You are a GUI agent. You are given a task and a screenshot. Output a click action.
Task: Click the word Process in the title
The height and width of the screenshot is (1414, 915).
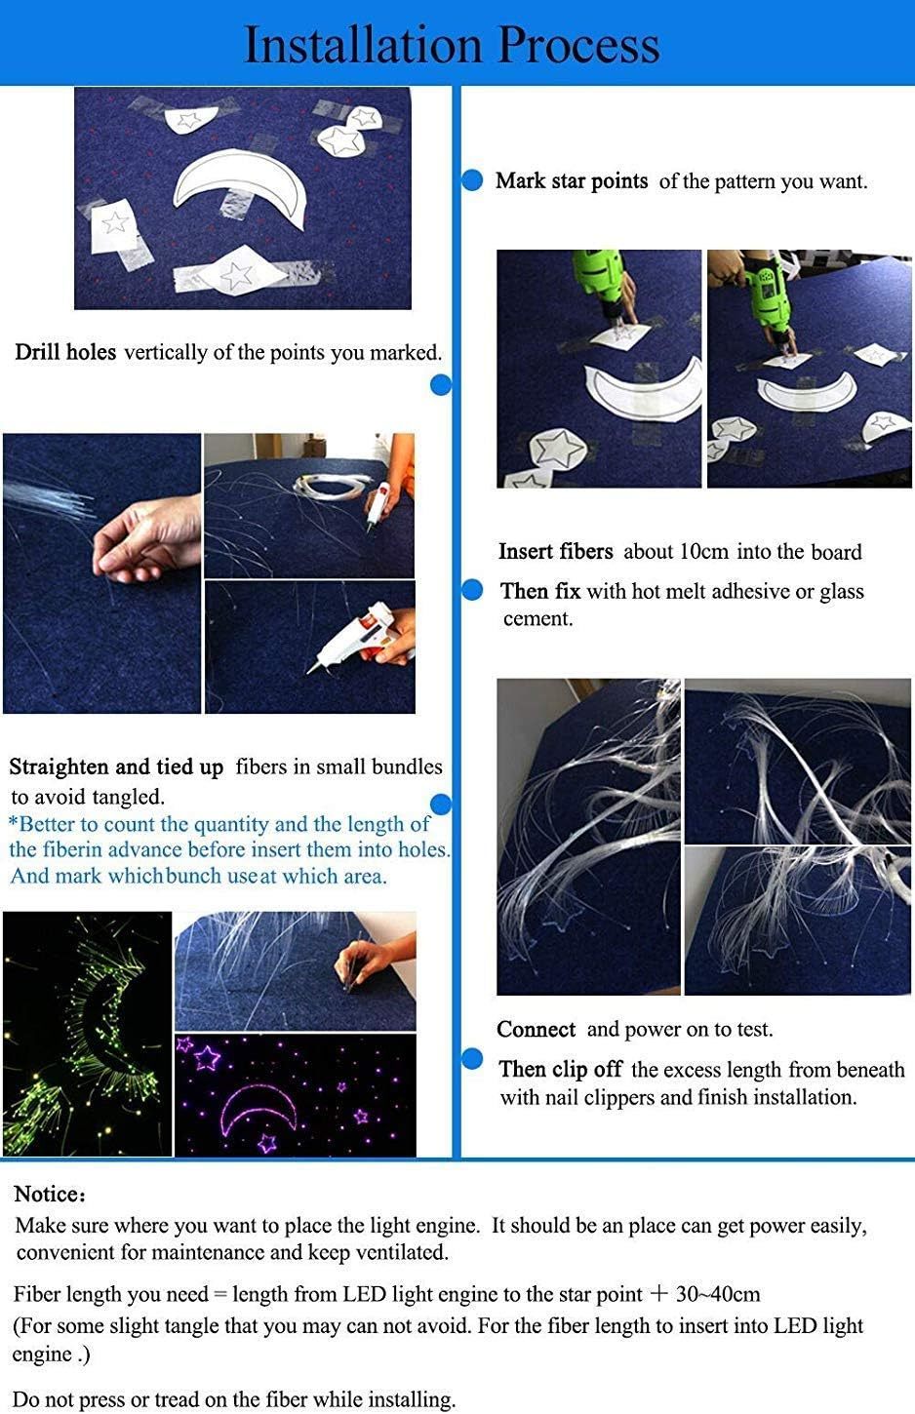tap(578, 46)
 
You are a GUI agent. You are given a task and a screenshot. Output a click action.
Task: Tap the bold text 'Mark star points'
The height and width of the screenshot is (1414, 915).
tap(572, 181)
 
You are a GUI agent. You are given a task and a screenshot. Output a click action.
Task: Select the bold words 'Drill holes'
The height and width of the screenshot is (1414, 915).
tap(65, 352)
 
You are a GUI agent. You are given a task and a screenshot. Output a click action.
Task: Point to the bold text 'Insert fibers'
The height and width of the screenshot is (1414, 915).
tap(556, 551)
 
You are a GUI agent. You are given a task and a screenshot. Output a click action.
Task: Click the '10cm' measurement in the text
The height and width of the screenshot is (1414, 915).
tap(704, 552)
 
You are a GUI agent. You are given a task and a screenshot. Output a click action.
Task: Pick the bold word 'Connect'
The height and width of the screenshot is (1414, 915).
tap(537, 1030)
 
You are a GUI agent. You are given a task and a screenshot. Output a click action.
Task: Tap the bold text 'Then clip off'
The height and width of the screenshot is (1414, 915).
tap(561, 1070)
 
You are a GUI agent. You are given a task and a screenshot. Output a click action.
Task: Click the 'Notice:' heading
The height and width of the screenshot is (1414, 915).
tap(50, 1195)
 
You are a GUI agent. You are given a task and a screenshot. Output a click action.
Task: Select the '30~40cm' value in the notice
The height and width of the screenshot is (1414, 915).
tap(718, 1294)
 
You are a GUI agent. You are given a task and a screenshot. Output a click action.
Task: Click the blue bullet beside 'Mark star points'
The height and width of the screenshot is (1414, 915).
tap(472, 180)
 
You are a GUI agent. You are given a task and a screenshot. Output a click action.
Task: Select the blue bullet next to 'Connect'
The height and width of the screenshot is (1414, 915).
tap(472, 1059)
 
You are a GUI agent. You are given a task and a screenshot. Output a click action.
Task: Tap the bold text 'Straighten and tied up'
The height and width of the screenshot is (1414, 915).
tap(116, 766)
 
